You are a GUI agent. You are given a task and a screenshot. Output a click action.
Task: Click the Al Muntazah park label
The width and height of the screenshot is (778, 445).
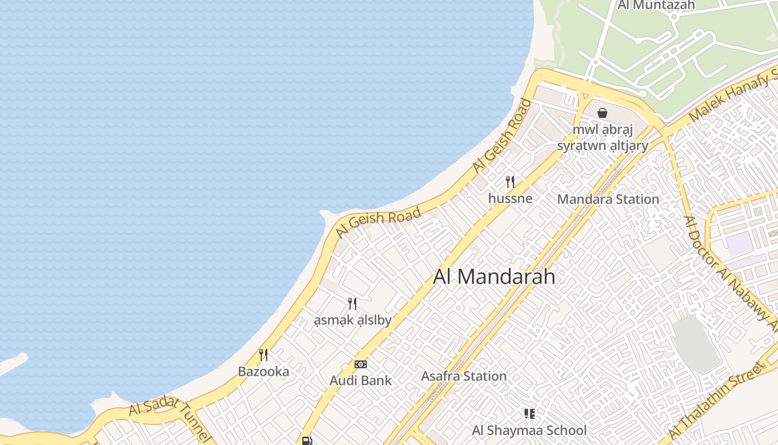pos(656,5)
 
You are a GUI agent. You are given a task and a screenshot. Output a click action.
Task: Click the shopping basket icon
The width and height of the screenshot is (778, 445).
pos(602,113)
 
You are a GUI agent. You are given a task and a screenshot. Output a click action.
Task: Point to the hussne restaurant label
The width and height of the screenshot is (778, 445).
pos(510,199)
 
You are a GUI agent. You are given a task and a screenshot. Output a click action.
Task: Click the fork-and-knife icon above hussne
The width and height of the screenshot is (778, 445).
pos(510,181)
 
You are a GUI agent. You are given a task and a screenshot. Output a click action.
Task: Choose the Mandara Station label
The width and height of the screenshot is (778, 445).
pos(608,199)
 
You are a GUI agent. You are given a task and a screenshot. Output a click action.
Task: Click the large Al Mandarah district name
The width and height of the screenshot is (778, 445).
pos(494,276)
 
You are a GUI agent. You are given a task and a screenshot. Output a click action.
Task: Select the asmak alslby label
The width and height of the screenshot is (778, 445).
pos(352,320)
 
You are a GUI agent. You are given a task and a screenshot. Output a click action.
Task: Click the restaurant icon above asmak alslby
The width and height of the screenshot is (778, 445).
pos(352,303)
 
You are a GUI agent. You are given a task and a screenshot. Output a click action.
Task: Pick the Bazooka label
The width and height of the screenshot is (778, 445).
pos(263,372)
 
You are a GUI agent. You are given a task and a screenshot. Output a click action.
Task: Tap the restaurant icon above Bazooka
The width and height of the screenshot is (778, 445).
pos(263,354)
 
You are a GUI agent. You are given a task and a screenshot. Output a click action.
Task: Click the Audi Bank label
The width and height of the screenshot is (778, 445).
pos(361,381)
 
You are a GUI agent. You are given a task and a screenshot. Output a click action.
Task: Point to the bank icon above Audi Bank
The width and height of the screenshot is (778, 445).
pos(361,364)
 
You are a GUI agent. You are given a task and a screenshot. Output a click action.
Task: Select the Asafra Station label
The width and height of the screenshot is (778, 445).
pos(463,377)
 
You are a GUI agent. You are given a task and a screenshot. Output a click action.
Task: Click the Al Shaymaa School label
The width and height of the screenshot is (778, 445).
pos(529,431)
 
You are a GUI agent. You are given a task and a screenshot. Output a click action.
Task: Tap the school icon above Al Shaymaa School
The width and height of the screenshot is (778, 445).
pos(529,413)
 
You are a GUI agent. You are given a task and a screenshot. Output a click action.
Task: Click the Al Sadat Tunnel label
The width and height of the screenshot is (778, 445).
pos(169,417)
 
